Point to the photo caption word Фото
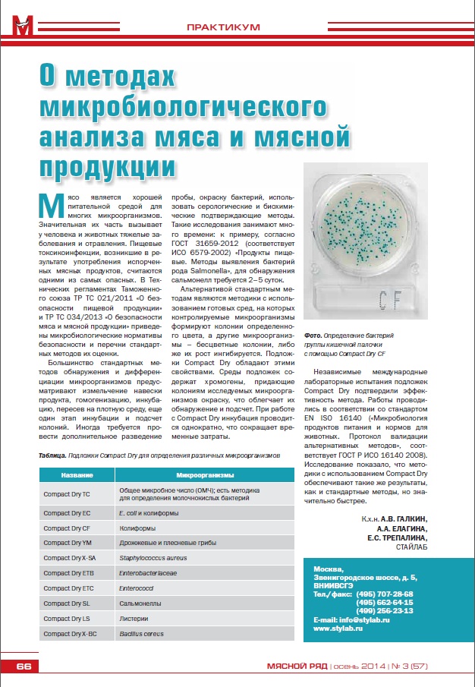click(313, 335)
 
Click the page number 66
click(24, 667)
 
